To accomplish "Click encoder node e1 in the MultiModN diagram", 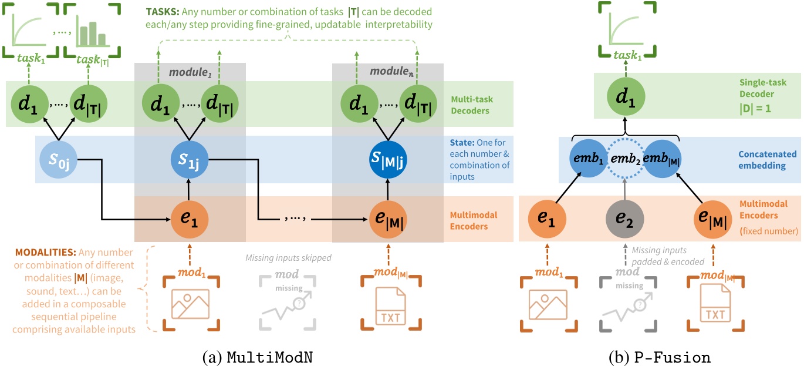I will click(190, 219).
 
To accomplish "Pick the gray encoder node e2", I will click(624, 219).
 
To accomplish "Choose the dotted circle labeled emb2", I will click(624, 159).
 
